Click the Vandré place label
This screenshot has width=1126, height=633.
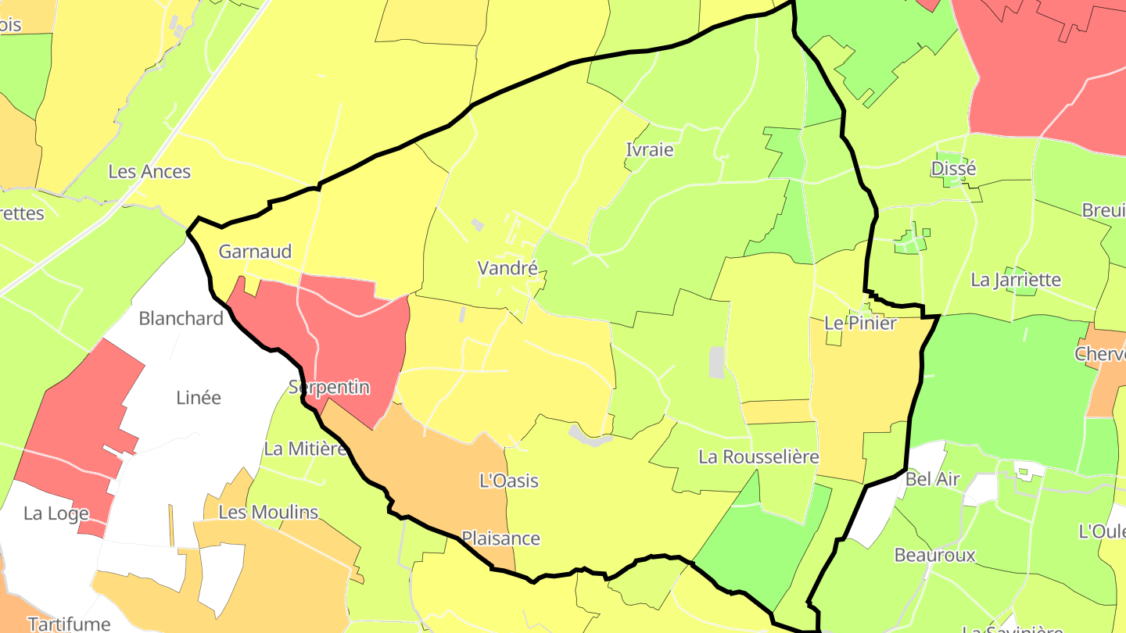[x=507, y=269]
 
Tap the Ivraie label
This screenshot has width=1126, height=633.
[x=649, y=150]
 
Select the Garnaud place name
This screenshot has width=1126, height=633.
[x=255, y=252]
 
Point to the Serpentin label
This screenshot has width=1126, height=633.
[x=328, y=388]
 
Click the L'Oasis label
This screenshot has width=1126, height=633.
[x=509, y=481]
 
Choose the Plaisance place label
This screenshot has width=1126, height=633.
[x=500, y=538]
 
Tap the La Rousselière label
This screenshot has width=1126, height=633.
[x=758, y=457]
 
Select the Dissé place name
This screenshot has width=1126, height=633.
[x=954, y=170]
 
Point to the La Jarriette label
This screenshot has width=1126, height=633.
[x=1016, y=280]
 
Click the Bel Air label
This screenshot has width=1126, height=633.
[x=932, y=480]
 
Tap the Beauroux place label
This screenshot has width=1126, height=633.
[x=935, y=556]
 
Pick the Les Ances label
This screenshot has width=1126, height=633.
[x=149, y=172]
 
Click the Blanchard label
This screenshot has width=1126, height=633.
[x=181, y=319]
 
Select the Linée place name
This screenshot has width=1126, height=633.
[x=199, y=398]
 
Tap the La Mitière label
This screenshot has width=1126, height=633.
[x=305, y=449]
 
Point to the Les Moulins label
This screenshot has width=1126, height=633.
[x=268, y=513]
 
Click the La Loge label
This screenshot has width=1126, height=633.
[x=56, y=514]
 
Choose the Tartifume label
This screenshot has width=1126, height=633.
[x=69, y=624]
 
